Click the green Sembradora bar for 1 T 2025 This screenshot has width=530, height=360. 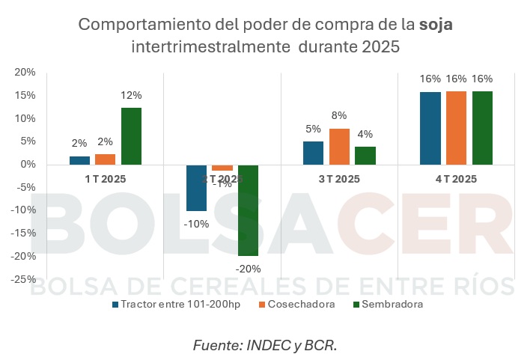pos(131,136)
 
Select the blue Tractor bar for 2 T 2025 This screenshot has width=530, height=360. pos(196,188)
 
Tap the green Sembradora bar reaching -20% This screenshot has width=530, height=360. pos(248,210)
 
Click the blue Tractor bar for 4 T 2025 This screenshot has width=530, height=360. pos(430,128)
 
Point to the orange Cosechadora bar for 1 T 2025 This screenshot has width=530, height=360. pos(106,159)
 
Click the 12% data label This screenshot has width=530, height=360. pos(131,95)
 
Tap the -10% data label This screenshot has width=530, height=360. pos(196,223)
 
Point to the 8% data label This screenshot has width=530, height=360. pos(339,116)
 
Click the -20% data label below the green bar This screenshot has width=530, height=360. pos(248,268)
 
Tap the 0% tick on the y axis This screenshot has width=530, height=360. pos(28,165)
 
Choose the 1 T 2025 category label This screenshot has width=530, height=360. pos(104,179)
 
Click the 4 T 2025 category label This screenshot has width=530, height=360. pos(455,179)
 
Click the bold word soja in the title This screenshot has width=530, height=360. pos(436,25)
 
